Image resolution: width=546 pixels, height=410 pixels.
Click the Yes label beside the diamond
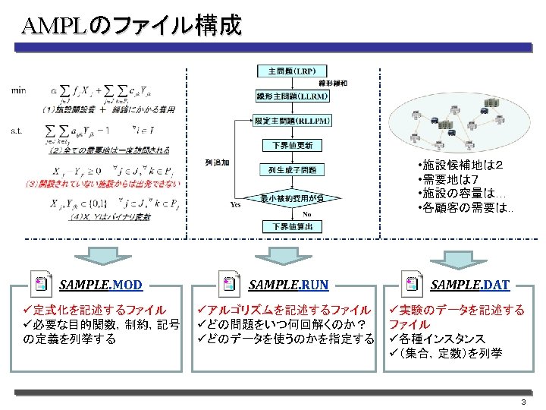coord(236,204)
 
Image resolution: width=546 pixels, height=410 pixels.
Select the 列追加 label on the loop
coord(217,162)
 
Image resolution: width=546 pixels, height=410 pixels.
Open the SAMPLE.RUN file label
coord(289,285)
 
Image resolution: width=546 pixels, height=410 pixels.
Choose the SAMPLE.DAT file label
coord(469,285)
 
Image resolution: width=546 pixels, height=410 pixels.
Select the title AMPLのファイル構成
coord(132,26)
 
